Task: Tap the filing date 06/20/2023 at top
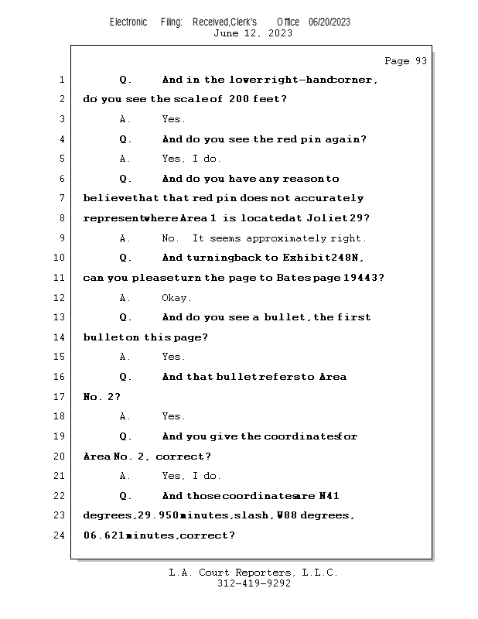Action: point(329,22)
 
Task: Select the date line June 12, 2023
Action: point(252,33)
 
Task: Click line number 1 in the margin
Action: point(61,80)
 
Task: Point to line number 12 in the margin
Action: point(60,298)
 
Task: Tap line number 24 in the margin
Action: point(60,535)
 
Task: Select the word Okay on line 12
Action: point(176,298)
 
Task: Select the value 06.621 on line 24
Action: point(104,535)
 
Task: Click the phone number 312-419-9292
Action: point(254,583)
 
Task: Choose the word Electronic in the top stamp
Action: point(128,22)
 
